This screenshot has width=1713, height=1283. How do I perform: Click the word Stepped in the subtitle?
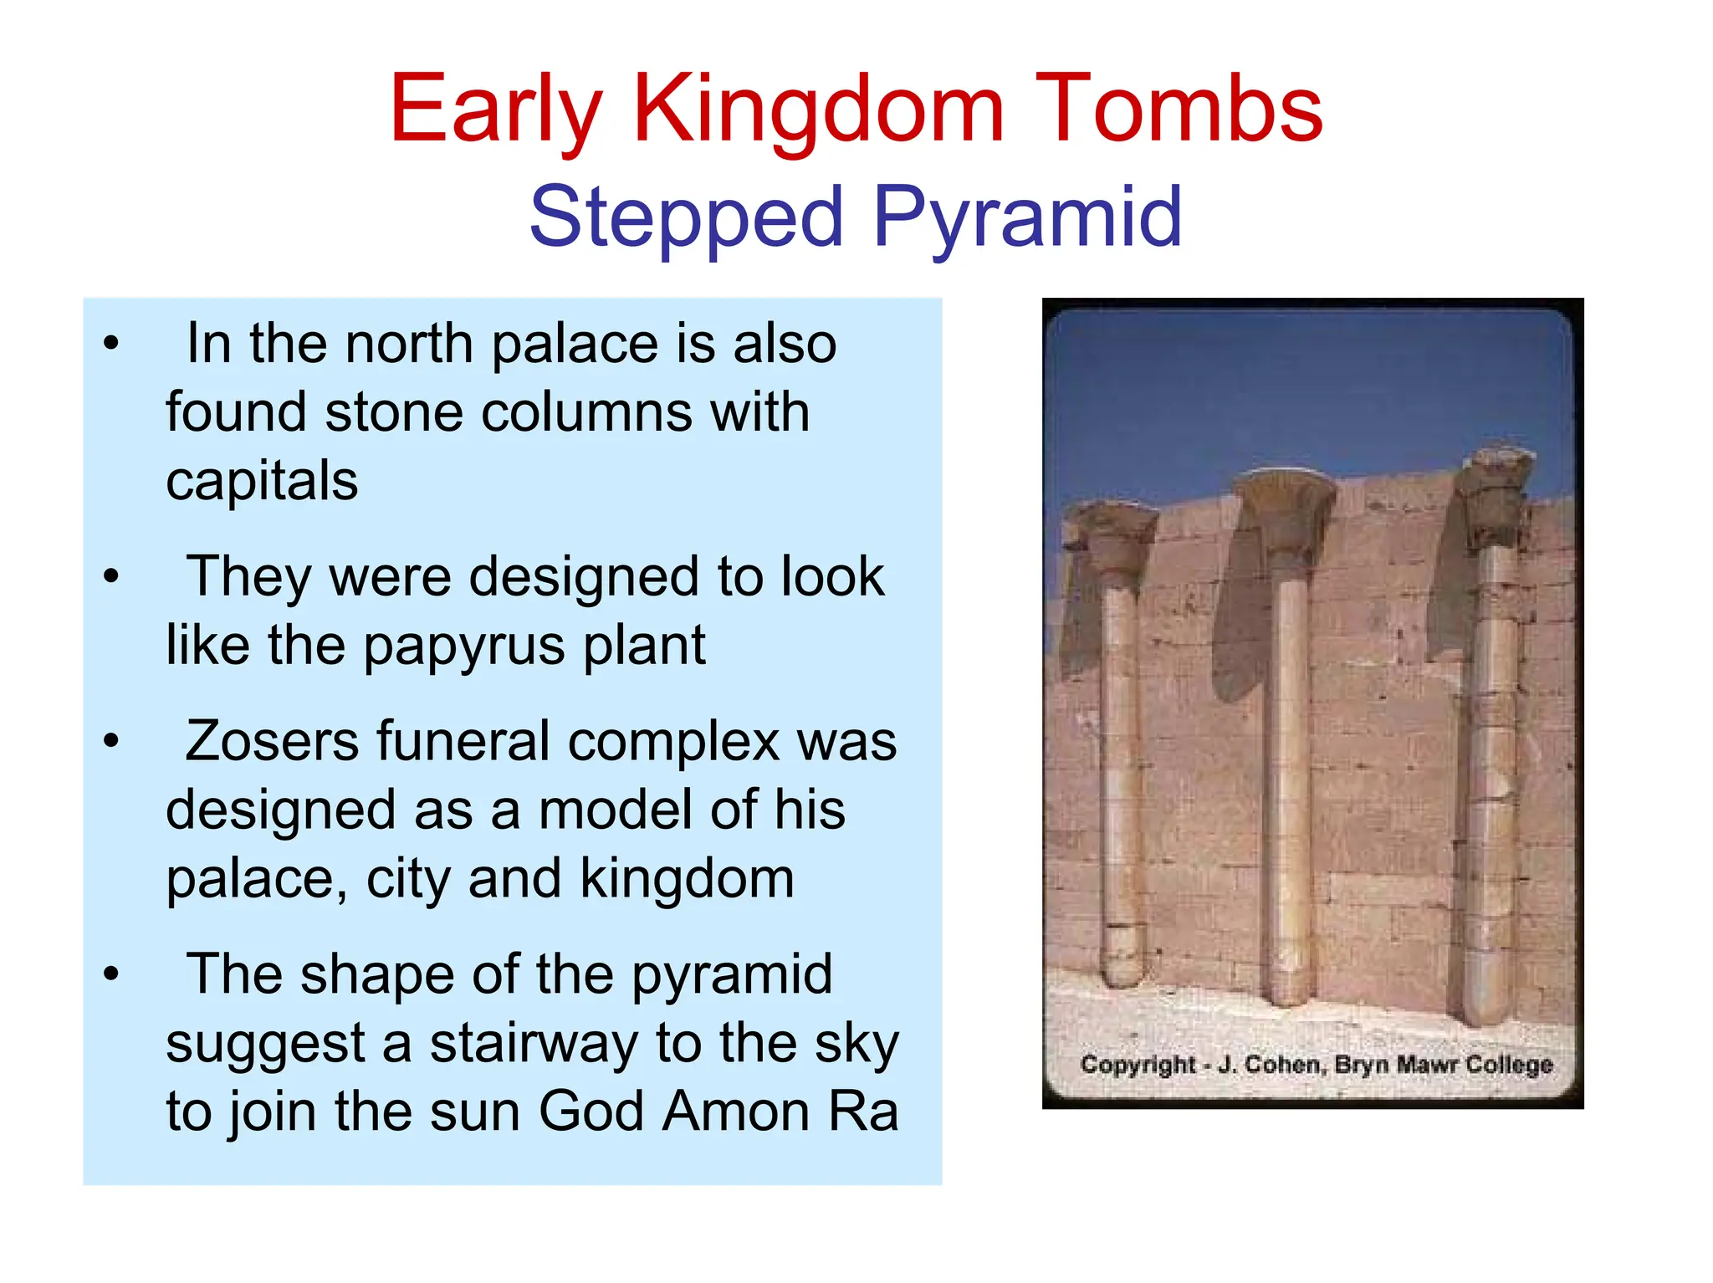[686, 217]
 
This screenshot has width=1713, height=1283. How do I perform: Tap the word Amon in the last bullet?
[737, 1112]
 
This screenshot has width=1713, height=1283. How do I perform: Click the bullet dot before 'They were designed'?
[111, 577]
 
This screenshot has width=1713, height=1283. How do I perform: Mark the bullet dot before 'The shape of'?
[111, 974]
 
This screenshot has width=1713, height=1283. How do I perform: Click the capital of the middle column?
[1284, 510]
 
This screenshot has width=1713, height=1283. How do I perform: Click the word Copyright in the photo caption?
[1138, 1065]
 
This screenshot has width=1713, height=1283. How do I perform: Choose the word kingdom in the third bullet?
[687, 879]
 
